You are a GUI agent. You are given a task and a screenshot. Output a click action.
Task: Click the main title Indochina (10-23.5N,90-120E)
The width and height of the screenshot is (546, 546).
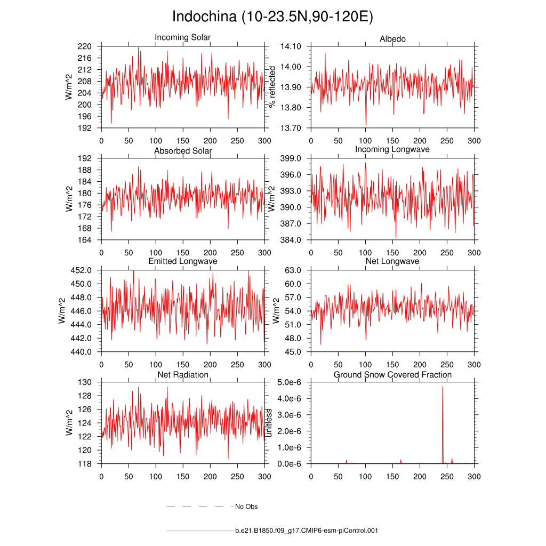point(272,17)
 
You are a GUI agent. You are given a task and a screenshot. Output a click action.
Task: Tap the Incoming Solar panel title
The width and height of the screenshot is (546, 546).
point(182,37)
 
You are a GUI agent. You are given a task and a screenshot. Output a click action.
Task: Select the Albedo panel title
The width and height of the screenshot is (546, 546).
point(392,39)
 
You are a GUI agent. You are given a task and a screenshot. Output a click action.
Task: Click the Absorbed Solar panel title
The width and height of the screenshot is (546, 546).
point(182,151)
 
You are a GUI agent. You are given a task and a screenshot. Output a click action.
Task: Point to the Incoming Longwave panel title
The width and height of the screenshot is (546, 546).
point(392,149)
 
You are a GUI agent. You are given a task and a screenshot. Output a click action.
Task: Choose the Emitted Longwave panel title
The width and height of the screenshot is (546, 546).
point(182,261)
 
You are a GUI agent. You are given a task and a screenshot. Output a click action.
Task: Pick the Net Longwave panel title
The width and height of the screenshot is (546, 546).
point(392,261)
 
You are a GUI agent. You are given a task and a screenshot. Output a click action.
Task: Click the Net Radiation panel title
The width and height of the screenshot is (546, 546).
point(182,375)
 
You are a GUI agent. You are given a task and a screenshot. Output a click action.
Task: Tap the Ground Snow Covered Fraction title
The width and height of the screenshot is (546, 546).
point(392,375)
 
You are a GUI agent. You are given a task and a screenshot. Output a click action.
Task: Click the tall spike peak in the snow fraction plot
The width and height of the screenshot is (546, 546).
point(443,387)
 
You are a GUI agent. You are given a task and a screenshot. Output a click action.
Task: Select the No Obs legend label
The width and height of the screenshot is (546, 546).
point(246,506)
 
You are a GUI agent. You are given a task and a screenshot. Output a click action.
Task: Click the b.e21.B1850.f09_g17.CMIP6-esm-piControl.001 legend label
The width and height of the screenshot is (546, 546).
point(307,531)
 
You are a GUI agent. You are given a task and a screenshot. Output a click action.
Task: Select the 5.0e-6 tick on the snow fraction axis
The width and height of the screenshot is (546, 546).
point(291,382)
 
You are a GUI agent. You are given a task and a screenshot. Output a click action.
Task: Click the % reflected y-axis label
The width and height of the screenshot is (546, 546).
point(273,86)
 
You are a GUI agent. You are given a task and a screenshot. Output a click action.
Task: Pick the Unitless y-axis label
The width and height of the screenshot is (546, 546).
point(269,423)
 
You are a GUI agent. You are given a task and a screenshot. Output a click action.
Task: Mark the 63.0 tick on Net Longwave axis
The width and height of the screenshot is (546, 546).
point(294,270)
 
